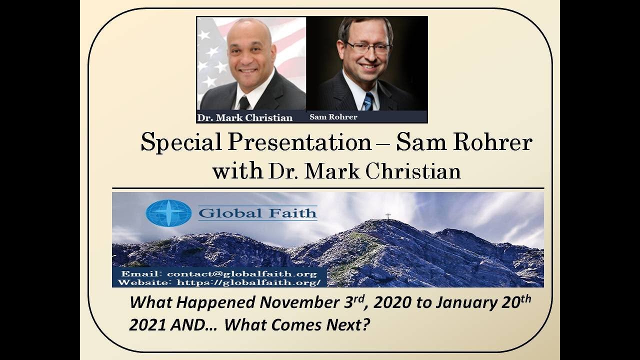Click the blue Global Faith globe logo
168,213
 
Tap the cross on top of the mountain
387,216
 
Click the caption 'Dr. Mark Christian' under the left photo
244,118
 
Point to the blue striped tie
367,101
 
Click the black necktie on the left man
243,102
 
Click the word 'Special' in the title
181,142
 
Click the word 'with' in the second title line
237,171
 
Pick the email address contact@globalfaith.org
242,274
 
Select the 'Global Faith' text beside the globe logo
257,213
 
